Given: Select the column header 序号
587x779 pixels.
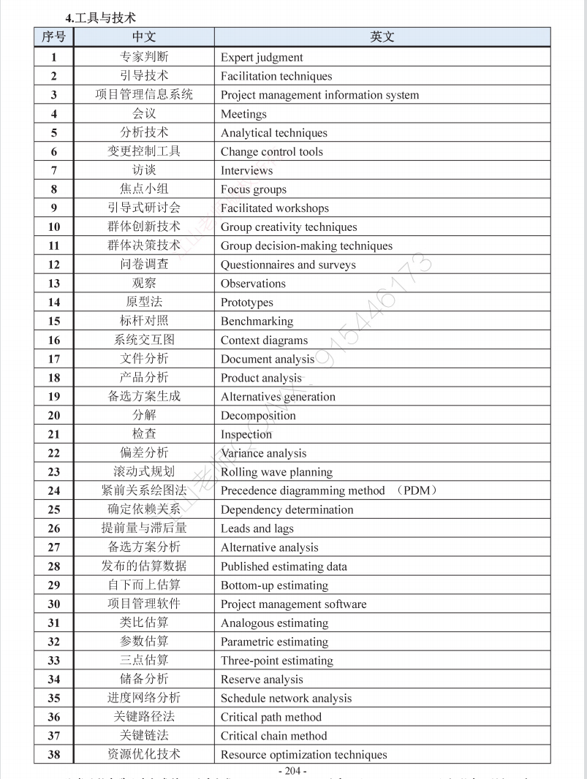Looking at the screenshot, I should [53, 37].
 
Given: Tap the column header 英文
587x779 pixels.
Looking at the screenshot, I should [382, 37].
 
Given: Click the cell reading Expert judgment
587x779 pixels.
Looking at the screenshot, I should [262, 57].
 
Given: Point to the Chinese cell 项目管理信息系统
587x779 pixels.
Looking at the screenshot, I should [144, 94].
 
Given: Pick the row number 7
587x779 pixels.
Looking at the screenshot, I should [54, 170].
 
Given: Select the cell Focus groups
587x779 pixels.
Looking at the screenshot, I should [254, 189].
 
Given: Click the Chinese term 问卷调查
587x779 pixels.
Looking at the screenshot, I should [144, 265].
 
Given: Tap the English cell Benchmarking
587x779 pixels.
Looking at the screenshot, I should [257, 322].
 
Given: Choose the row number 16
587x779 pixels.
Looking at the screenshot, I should [54, 340].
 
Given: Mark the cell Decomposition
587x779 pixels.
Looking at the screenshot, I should [258, 416].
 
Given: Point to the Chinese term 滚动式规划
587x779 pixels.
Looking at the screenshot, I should [144, 472].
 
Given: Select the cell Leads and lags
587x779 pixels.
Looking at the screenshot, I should [257, 528].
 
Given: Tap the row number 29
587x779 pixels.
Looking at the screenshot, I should [54, 585].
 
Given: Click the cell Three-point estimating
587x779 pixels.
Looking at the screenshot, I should [276, 661].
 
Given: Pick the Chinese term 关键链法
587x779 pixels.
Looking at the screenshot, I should [144, 736].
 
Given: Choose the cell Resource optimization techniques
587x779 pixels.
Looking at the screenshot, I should [303, 755].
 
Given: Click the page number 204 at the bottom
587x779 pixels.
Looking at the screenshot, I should [292, 771].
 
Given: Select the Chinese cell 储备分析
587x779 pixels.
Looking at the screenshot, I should [144, 680].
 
